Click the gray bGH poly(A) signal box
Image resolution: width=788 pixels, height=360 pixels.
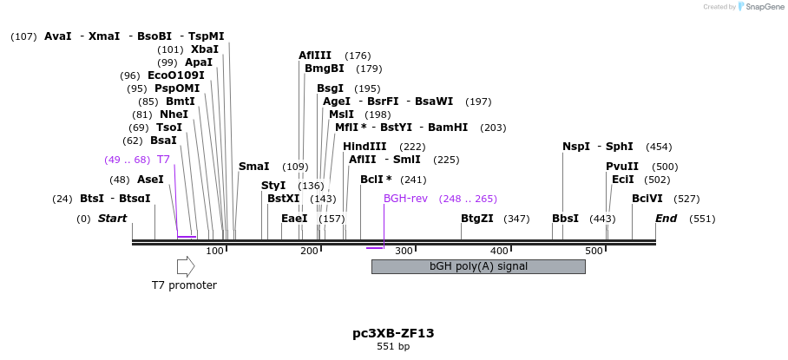478,266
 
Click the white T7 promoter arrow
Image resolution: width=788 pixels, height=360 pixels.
185,266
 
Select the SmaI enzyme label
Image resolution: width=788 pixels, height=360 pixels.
253,167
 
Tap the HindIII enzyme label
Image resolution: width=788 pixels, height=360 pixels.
364,147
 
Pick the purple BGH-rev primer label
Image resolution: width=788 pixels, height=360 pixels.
406,199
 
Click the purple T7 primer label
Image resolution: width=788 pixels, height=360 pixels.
163,160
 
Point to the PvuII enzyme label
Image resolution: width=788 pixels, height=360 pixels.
622,167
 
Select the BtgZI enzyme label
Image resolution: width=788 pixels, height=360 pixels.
477,219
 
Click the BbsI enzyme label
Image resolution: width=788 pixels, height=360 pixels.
565,219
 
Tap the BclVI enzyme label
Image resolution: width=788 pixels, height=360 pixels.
647,199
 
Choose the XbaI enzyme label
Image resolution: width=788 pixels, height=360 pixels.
205,49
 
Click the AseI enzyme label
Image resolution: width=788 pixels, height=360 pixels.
150,180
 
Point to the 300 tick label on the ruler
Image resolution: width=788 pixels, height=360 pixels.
404,251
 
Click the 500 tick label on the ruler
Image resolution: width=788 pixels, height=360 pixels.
594,251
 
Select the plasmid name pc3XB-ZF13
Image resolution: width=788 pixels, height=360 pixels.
393,332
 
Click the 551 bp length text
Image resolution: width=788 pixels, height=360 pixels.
393,346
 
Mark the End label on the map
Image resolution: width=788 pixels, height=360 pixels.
666,219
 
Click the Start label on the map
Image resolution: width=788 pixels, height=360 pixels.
112,219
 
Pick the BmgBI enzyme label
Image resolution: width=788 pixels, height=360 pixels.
325,69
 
